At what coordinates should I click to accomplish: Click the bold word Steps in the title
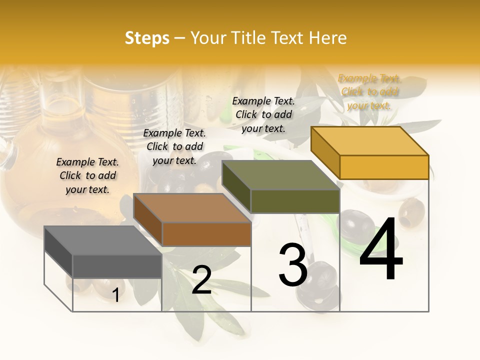tap(147, 38)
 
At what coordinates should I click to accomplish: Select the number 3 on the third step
tap(292, 265)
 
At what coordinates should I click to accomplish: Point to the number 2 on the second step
tap(201, 280)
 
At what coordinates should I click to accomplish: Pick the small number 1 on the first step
tap(116, 295)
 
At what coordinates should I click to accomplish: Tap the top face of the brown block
tap(192, 208)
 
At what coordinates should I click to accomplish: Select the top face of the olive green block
tap(281, 175)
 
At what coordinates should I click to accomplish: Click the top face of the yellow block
tap(370, 141)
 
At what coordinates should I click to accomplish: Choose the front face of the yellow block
tap(384, 167)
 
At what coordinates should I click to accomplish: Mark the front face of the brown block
tap(206, 234)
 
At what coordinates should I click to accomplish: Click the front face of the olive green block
tap(295, 201)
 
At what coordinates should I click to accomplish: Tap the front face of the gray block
tap(117, 266)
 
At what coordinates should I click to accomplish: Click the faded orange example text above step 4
tap(369, 92)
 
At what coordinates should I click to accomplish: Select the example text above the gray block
tap(87, 175)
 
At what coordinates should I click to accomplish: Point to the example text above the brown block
tap(174, 146)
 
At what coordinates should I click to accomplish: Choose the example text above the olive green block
tap(263, 114)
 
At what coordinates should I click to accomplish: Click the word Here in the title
tap(328, 38)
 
